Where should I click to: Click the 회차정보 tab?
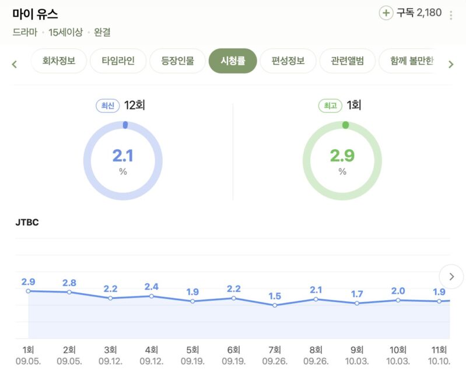click(59, 61)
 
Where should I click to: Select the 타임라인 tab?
click(118, 61)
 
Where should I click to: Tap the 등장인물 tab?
click(177, 61)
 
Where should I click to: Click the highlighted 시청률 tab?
click(233, 61)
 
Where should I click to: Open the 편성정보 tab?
click(288, 61)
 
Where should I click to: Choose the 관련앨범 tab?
click(347, 61)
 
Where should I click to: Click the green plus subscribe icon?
click(386, 13)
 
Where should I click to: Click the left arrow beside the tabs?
click(15, 64)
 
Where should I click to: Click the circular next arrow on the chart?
click(451, 276)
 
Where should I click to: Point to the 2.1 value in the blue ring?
click(122, 156)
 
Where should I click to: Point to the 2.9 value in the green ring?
click(342, 156)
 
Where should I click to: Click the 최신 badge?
click(108, 105)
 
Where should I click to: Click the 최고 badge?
click(330, 105)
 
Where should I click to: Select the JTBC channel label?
click(27, 222)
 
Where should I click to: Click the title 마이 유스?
click(35, 14)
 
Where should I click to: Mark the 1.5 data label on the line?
click(275, 296)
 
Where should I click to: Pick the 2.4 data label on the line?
click(152, 286)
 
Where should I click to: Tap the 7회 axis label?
click(275, 350)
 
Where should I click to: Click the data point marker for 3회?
click(110, 298)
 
